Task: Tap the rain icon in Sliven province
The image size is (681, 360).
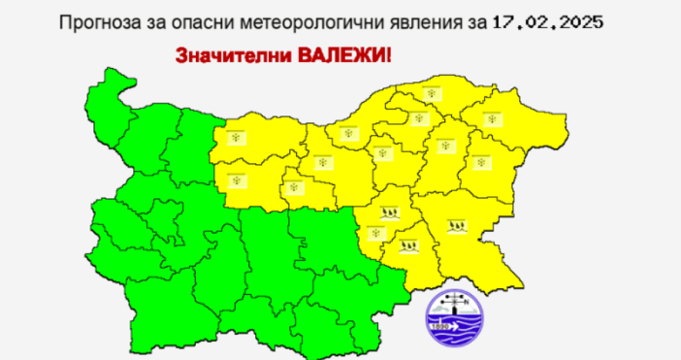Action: point(389,211)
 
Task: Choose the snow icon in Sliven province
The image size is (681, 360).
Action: point(375,233)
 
